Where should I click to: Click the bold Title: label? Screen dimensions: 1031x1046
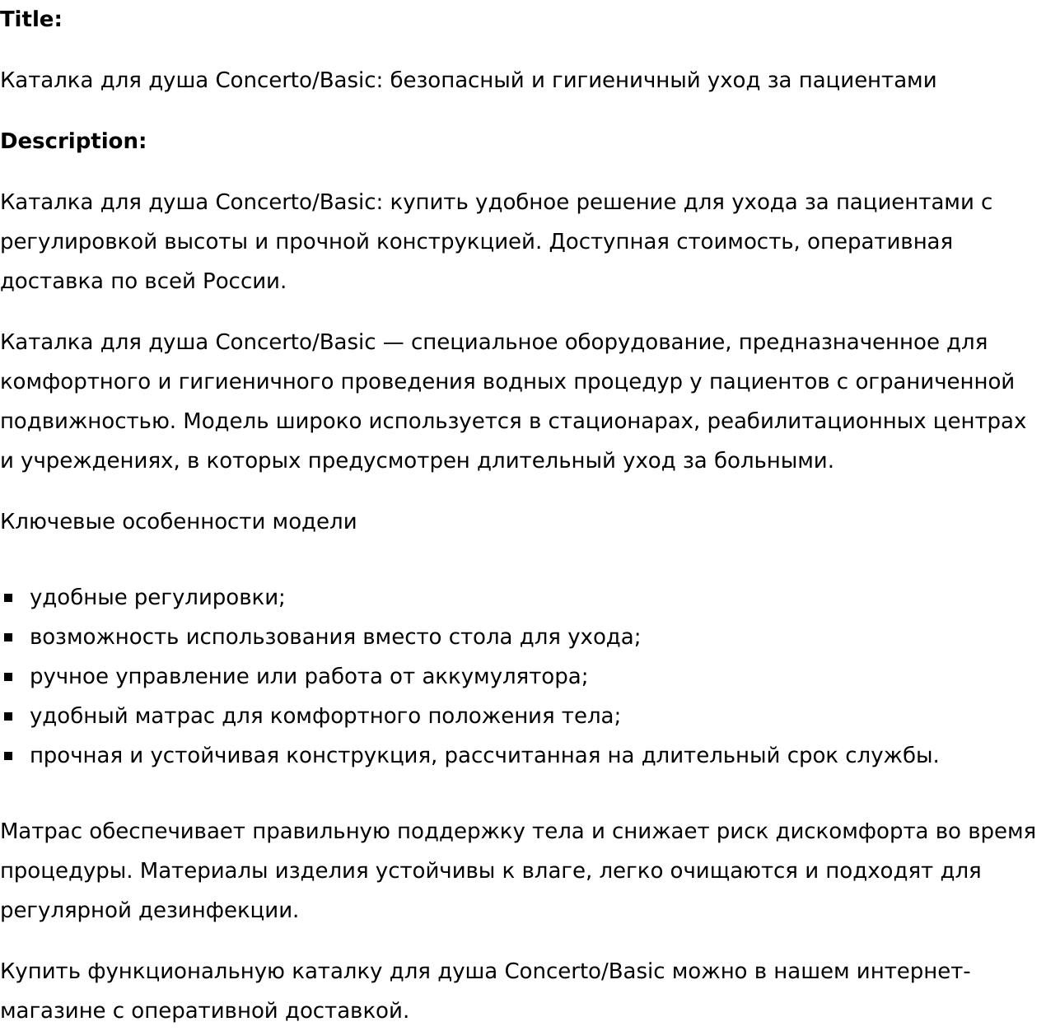pos(31,20)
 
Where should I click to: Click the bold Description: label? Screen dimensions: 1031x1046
pos(73,142)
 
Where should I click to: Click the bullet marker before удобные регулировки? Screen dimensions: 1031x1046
pos(9,598)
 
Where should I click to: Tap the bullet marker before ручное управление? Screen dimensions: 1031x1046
pos(9,677)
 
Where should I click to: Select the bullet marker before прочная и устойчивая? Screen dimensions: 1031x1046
pos(9,756)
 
